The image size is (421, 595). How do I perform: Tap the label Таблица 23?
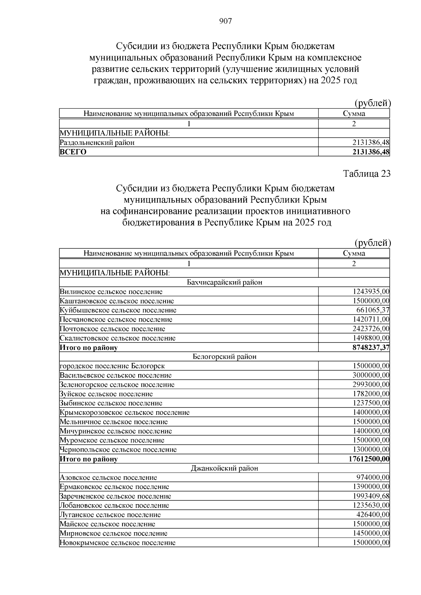(x=366, y=174)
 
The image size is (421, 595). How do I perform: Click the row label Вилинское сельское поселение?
(x=111, y=291)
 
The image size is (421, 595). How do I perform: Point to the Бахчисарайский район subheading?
(x=225, y=282)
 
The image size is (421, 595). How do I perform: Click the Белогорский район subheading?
(x=225, y=357)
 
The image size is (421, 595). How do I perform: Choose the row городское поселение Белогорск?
(x=112, y=366)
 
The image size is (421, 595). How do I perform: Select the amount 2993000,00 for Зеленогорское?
(x=371, y=385)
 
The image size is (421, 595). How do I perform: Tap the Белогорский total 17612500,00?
(x=369, y=459)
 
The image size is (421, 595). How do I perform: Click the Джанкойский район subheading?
(x=225, y=468)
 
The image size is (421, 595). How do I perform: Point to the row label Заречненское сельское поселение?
(x=115, y=496)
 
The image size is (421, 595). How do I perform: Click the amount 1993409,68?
(x=371, y=496)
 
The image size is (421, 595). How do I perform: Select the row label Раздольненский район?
(x=97, y=143)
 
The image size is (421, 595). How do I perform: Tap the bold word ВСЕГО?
(x=73, y=152)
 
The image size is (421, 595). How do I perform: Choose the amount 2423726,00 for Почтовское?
(x=371, y=329)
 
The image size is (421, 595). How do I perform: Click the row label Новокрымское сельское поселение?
(x=118, y=543)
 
